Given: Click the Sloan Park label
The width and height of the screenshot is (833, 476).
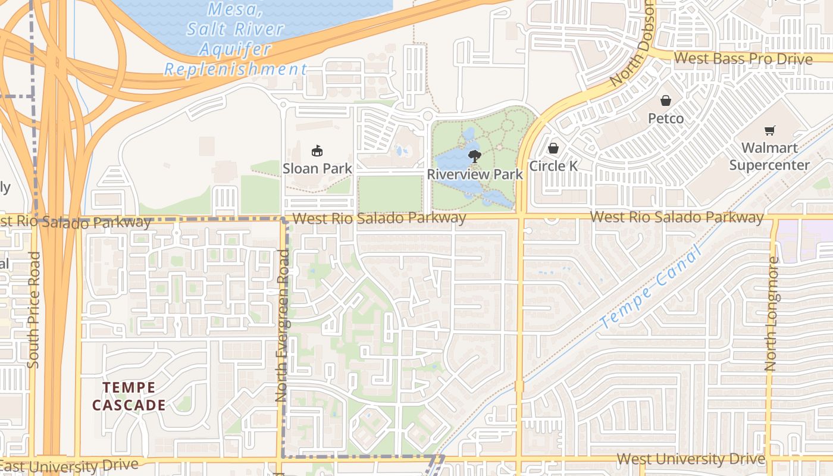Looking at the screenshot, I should (x=317, y=168).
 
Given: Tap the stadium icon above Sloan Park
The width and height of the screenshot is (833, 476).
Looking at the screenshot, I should (x=317, y=151).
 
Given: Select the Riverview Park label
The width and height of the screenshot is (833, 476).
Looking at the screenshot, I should (x=475, y=174).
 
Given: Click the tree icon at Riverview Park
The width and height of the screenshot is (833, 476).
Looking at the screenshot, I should (x=474, y=156).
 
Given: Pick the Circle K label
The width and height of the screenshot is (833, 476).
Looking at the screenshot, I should (x=553, y=166).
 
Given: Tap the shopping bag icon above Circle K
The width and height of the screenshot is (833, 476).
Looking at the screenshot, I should (x=553, y=148).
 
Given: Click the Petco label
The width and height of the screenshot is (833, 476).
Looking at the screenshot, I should (x=666, y=118).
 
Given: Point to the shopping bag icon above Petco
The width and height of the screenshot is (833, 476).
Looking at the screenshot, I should (x=666, y=101).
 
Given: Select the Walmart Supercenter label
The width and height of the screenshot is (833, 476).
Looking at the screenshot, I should (x=769, y=156).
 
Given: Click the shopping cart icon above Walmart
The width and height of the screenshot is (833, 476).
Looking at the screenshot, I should (x=770, y=130).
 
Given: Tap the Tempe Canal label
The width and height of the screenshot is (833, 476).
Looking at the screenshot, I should (x=652, y=288).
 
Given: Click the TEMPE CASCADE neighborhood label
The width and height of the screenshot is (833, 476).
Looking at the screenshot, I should (x=129, y=396).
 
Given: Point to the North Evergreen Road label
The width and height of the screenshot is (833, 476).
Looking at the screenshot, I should (x=283, y=325).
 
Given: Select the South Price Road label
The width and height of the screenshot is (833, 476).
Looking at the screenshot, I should (x=33, y=309).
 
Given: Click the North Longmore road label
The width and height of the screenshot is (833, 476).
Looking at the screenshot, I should (x=771, y=314).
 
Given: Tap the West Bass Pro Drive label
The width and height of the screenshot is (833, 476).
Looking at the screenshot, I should (x=743, y=59).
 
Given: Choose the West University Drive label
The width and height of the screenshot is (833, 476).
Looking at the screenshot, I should (x=690, y=459).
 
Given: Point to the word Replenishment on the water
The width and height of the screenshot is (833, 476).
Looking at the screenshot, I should (x=236, y=69).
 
